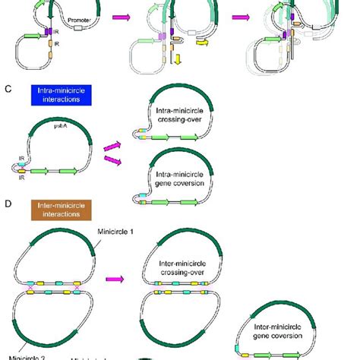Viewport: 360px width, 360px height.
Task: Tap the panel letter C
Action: pyautogui.click(x=8, y=89)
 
